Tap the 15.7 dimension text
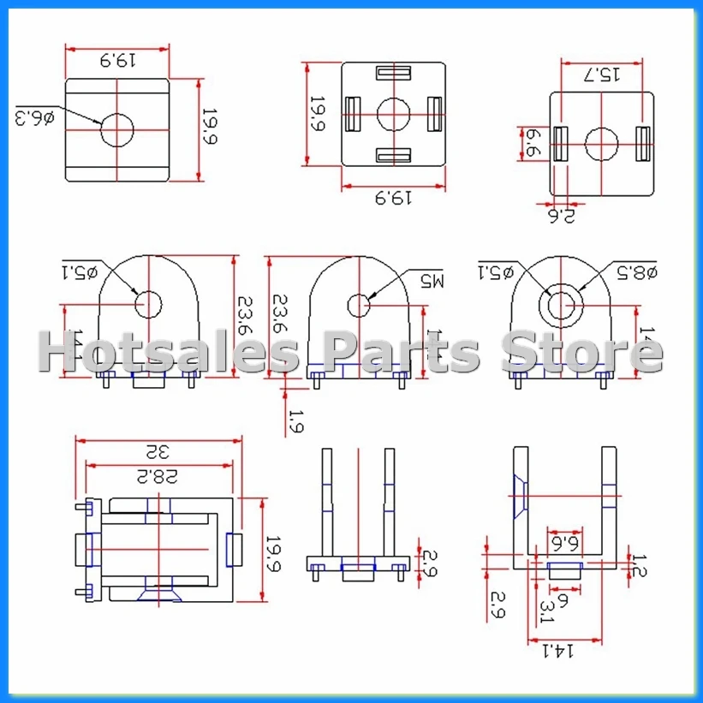click(x=602, y=74)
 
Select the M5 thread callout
click(x=433, y=280)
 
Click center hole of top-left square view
click(x=117, y=130)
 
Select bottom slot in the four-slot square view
click(x=393, y=154)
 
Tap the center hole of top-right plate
click(x=602, y=144)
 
